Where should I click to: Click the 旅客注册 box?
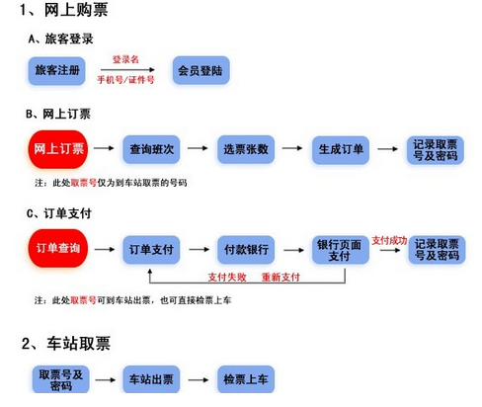coord(56,70)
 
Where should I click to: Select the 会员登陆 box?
coord(201,70)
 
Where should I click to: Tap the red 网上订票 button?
coord(58,149)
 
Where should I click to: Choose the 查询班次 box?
coord(151,149)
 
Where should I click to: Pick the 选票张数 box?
coord(246,149)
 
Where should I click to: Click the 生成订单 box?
coord(341,150)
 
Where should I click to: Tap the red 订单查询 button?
coord(58,248)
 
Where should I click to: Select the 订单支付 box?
coord(151,250)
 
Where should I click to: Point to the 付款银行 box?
coord(246,250)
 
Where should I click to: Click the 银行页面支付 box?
coord(341,250)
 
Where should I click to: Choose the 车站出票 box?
coord(151,379)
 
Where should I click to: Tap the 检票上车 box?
coord(246,379)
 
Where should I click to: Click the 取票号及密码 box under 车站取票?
coord(61,379)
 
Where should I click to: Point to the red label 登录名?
coord(125,59)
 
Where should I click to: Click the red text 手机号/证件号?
coord(125,79)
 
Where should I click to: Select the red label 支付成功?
coord(389,240)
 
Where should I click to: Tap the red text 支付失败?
coord(227,277)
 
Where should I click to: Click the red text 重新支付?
coord(281,277)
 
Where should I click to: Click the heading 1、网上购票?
coord(64,10)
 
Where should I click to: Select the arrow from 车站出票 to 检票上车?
coord(199,379)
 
